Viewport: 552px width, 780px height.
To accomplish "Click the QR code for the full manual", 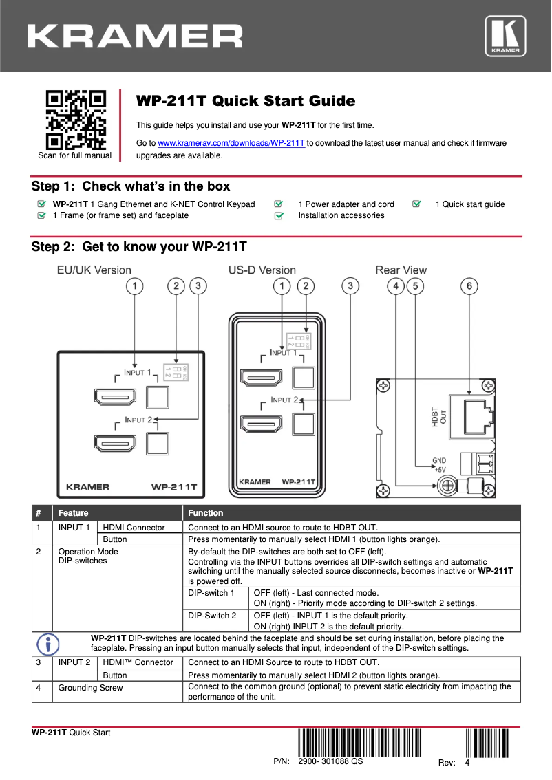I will click(x=75, y=120).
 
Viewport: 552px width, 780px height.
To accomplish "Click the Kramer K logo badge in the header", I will click(x=506, y=36).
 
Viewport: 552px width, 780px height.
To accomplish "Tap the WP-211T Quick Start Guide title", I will click(x=246, y=101).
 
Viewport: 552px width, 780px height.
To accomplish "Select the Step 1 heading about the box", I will click(x=131, y=186).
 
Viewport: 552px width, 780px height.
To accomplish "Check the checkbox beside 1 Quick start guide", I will click(x=417, y=204).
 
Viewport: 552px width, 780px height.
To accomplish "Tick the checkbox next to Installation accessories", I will click(x=279, y=216).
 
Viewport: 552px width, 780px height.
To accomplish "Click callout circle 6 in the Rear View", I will click(x=469, y=285).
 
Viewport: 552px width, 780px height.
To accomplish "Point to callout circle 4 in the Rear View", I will click(x=396, y=285).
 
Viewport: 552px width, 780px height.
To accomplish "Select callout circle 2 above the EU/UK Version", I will click(x=177, y=285).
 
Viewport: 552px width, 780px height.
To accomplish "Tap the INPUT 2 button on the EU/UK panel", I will click(x=158, y=442).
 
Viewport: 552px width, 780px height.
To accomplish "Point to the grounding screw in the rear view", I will click(x=446, y=486).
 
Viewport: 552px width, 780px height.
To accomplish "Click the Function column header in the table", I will click(x=206, y=513).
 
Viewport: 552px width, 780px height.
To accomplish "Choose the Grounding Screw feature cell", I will click(x=90, y=688).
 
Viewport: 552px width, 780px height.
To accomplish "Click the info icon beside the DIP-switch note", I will click(x=47, y=644).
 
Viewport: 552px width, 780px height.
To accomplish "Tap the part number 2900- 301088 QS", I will click(x=330, y=761).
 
